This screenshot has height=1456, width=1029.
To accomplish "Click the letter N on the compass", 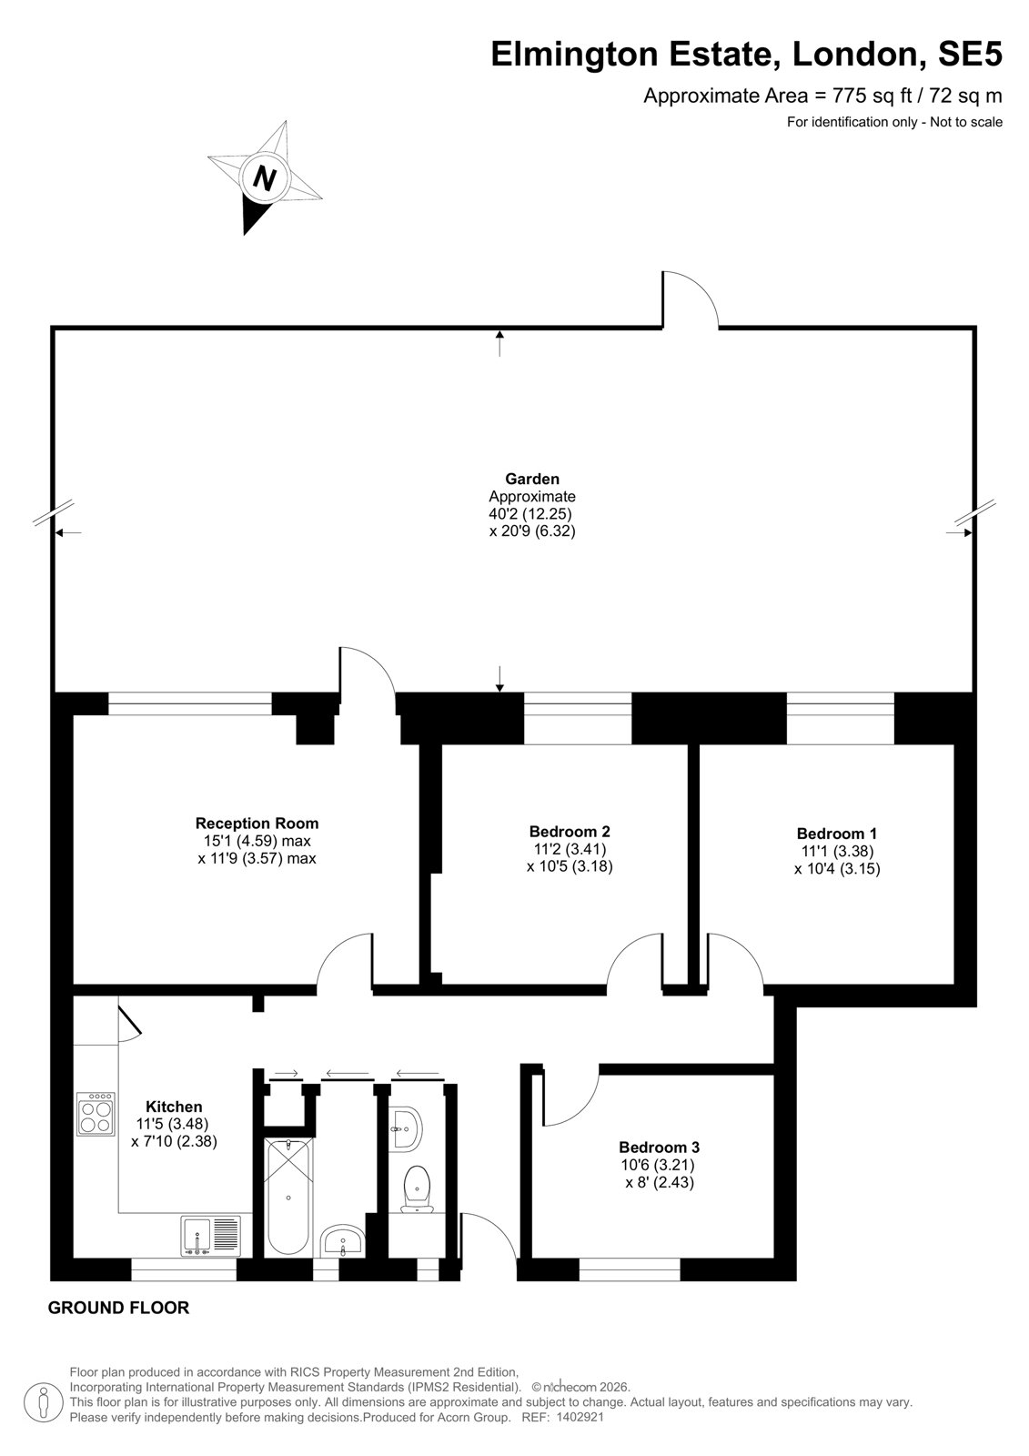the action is pyautogui.click(x=264, y=177).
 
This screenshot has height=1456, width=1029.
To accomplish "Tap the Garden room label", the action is pyautogui.click(x=532, y=479).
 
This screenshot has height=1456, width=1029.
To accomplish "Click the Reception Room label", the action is pyautogui.click(x=257, y=824).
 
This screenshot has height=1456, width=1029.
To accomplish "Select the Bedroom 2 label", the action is pyautogui.click(x=570, y=832).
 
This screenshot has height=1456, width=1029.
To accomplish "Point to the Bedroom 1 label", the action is pyautogui.click(x=837, y=834).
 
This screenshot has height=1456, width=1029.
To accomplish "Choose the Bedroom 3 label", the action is pyautogui.click(x=659, y=1148).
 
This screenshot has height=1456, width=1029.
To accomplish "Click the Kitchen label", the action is pyautogui.click(x=174, y=1107).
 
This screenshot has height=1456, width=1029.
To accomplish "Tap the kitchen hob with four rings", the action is pyautogui.click(x=96, y=1114).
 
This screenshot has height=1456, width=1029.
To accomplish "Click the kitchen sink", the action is pyautogui.click(x=209, y=1235).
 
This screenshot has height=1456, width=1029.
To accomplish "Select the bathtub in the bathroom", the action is pyautogui.click(x=288, y=1197).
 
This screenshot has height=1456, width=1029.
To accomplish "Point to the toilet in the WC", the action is pyautogui.click(x=417, y=1188).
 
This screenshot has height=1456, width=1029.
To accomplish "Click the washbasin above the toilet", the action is pyautogui.click(x=406, y=1129).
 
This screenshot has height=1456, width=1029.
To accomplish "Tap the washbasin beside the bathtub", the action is pyautogui.click(x=343, y=1241).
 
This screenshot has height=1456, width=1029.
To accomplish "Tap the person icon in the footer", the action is pyautogui.click(x=45, y=1402).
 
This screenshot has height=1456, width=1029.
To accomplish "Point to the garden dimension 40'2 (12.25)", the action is pyautogui.click(x=530, y=513).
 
